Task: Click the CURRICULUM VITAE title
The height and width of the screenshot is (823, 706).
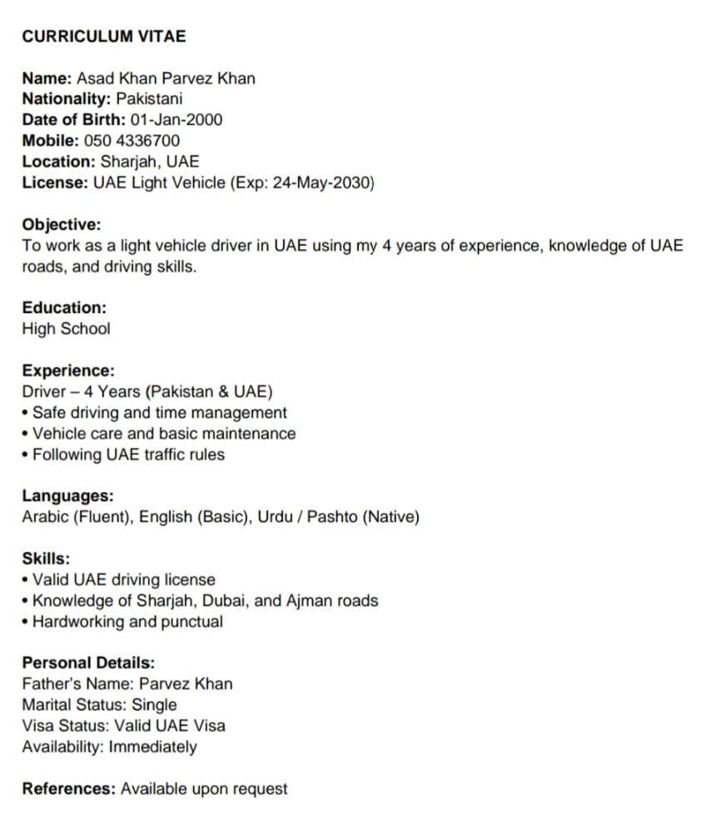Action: pos(104,37)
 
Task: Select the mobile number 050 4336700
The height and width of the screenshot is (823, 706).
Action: pos(132,141)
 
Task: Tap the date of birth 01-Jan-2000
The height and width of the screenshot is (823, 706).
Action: pos(176,120)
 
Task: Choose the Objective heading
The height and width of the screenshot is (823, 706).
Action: pos(62,225)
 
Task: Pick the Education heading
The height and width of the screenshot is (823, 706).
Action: pos(64,308)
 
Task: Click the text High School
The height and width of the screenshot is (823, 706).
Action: pos(66,329)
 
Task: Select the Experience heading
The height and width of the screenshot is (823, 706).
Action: pos(68,370)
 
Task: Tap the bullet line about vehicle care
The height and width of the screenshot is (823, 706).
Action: pos(163,434)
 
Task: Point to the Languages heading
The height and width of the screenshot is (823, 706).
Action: pos(68,496)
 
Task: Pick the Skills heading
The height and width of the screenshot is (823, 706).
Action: pos(46,558)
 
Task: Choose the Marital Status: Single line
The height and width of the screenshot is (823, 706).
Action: pos(99,705)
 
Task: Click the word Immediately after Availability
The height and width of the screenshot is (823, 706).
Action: pos(153,746)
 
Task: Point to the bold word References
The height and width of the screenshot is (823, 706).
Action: pos(68,789)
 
